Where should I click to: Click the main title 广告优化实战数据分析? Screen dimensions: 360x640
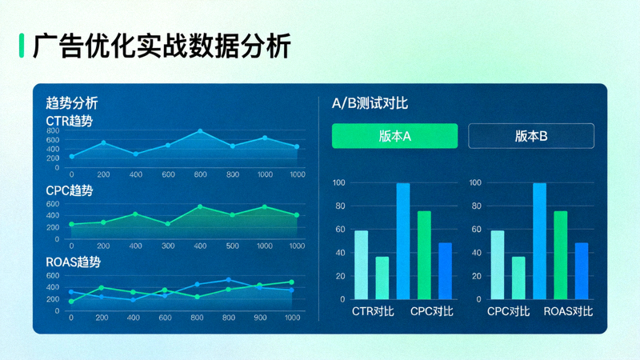pyautogui.click(x=162, y=46)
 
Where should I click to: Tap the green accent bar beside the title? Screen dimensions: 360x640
pyautogui.click(x=22, y=46)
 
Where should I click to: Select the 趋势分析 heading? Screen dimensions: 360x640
pyautogui.click(x=72, y=103)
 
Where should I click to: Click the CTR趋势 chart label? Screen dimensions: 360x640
pyautogui.click(x=69, y=121)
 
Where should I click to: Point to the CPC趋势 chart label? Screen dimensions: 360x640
pyautogui.click(x=69, y=191)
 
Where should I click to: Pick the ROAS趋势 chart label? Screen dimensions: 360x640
pyautogui.click(x=73, y=262)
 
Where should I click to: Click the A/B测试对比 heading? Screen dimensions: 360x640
pyautogui.click(x=370, y=103)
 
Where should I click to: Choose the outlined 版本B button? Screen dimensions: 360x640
pyautogui.click(x=530, y=136)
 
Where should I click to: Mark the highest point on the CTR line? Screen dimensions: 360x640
pyautogui.click(x=200, y=130)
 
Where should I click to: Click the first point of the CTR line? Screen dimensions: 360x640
pyautogui.click(x=71, y=157)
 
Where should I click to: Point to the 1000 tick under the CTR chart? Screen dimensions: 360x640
pyautogui.click(x=297, y=174)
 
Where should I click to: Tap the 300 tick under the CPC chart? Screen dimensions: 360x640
pyautogui.click(x=168, y=246)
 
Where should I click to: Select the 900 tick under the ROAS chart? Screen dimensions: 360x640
pyautogui.click(x=260, y=318)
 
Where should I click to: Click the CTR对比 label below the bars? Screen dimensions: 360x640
pyautogui.click(x=372, y=311)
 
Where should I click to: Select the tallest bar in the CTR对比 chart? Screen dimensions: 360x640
pyautogui.click(x=402, y=241)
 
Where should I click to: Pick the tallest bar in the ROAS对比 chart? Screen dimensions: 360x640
pyautogui.click(x=539, y=241)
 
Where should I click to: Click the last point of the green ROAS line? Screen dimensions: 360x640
pyautogui.click(x=291, y=282)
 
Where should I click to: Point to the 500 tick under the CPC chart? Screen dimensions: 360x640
pyautogui.click(x=233, y=246)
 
